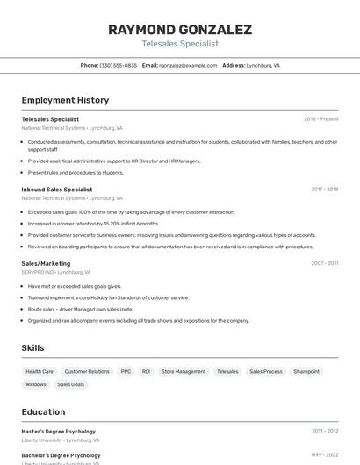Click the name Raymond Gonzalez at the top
point(180,30)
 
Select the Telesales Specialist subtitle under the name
point(180,44)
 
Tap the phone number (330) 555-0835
point(118,66)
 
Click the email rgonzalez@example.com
point(188,66)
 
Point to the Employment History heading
point(65,100)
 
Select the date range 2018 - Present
point(320,119)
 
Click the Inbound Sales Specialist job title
point(57,190)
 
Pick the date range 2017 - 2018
point(324,190)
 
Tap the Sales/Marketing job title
point(46,263)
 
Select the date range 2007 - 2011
point(324,263)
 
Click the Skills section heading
point(32,348)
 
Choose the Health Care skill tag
point(40,372)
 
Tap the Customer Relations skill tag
point(87,372)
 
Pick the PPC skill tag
point(126,372)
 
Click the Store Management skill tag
point(184,372)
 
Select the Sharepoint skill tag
point(306,372)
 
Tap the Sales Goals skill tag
point(71,384)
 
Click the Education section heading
point(43,411)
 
